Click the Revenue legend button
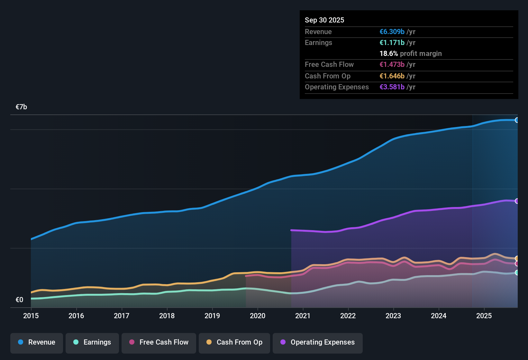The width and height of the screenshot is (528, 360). coord(37,342)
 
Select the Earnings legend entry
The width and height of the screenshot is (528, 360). coord(92,342)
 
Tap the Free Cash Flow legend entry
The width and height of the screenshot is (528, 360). coord(159,342)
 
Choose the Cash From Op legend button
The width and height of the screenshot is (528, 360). coord(234,342)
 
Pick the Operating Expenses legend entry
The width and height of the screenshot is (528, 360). coord(318,342)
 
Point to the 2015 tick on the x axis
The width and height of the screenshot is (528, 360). coord(31,316)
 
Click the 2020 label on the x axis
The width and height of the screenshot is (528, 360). coord(258,316)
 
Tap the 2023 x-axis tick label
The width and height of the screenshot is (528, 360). coord(393,316)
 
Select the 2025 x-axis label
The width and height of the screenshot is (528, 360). coord(484,316)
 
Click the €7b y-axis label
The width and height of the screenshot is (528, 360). coord(22,107)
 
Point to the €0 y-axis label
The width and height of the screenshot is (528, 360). coord(20,300)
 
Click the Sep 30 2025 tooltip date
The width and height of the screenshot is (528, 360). coord(324,20)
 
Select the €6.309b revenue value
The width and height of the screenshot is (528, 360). coord(392,32)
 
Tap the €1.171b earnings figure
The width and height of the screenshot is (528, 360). coord(392,43)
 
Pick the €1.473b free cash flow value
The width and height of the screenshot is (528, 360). coord(392,65)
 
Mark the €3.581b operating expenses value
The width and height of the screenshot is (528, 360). coord(392,87)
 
